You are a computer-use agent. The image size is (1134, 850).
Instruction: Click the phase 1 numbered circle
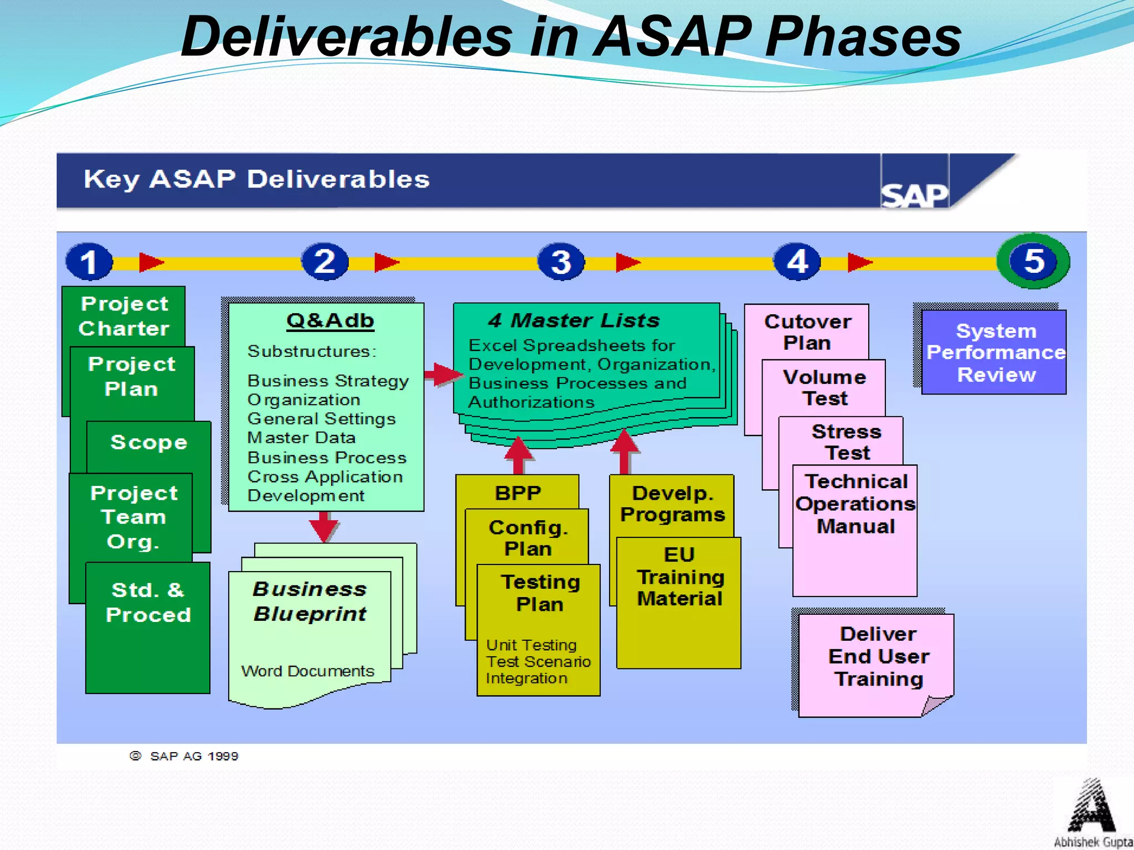click(x=89, y=261)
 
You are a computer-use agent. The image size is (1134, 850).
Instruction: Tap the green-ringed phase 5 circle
click(x=1033, y=261)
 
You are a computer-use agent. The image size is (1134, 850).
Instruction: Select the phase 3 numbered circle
click(x=561, y=261)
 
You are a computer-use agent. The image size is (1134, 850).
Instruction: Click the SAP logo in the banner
click(x=914, y=195)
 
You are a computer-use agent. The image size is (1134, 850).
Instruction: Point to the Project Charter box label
click(x=124, y=315)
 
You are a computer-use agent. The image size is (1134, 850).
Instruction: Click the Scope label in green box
click(x=148, y=442)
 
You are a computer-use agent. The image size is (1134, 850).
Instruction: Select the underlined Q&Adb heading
click(x=330, y=320)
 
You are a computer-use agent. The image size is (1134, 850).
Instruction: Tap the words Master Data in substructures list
click(x=301, y=438)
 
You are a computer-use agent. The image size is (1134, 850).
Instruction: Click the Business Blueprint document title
click(x=310, y=601)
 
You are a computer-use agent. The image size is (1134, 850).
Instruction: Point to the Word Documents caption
click(x=308, y=671)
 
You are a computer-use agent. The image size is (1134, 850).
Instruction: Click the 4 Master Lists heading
click(x=574, y=320)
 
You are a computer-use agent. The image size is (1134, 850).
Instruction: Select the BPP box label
click(x=518, y=493)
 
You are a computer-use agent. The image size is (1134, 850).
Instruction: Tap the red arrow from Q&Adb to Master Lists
click(x=443, y=375)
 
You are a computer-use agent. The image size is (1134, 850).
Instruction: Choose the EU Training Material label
click(x=679, y=577)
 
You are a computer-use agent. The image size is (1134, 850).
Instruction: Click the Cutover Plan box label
click(x=807, y=331)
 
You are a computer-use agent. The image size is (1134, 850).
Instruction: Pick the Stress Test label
click(x=847, y=442)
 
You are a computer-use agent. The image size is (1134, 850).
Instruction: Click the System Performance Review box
click(x=994, y=353)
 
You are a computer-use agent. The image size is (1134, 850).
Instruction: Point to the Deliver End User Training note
click(x=878, y=656)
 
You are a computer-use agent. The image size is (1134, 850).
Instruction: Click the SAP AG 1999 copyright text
click(x=194, y=756)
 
